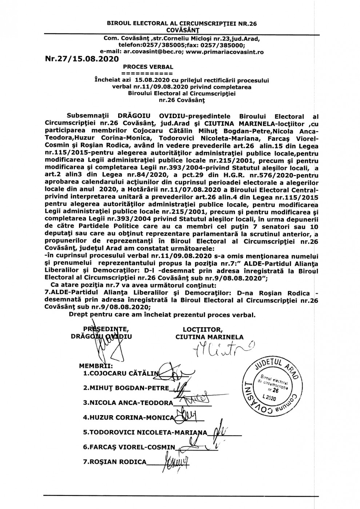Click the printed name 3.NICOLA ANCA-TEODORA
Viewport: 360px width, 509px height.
(x=128, y=403)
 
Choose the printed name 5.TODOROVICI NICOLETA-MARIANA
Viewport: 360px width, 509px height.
(x=145, y=433)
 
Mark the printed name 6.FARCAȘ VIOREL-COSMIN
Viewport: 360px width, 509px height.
(x=129, y=448)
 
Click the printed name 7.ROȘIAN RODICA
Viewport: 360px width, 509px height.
(x=115, y=462)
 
